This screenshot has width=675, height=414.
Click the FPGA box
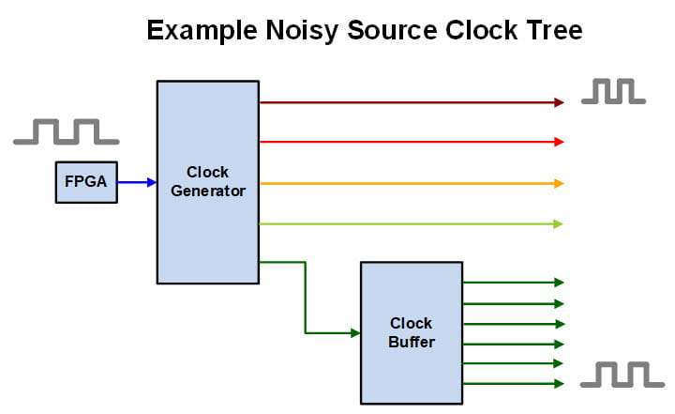pos(86,182)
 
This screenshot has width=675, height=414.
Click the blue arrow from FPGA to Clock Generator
pos(136,182)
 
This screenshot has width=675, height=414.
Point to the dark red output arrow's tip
pos(559,102)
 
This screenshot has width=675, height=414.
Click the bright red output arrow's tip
pos(559,142)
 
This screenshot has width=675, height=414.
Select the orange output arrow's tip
pos(559,183)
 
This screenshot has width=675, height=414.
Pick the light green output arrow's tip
pos(559,223)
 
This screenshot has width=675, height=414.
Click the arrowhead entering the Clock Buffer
pos(355,332)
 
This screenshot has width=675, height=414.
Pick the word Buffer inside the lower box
pos(412,342)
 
